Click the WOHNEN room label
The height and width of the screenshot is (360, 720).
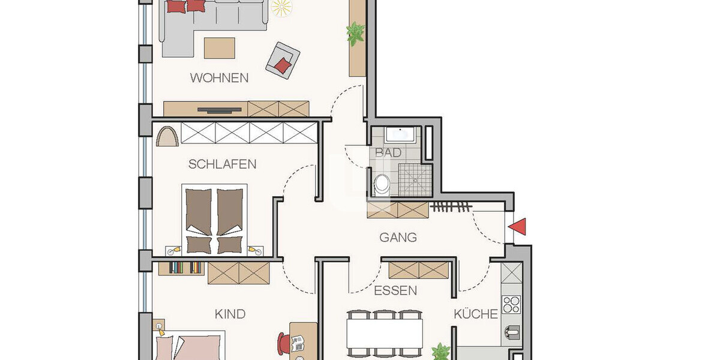[x=219, y=78]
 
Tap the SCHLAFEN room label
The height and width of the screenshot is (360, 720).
[x=222, y=164]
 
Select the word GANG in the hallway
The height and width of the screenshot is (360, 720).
[x=398, y=238]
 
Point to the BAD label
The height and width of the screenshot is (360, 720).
[x=388, y=153]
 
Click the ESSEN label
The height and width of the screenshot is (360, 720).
[x=395, y=291]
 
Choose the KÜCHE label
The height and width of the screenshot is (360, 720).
[x=475, y=314]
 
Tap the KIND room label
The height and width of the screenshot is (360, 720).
[x=230, y=314]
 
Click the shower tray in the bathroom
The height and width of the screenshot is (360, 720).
[x=413, y=179]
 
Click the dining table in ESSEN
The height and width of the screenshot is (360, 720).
[x=384, y=332]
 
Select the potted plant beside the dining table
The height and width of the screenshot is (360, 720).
[x=441, y=352]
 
